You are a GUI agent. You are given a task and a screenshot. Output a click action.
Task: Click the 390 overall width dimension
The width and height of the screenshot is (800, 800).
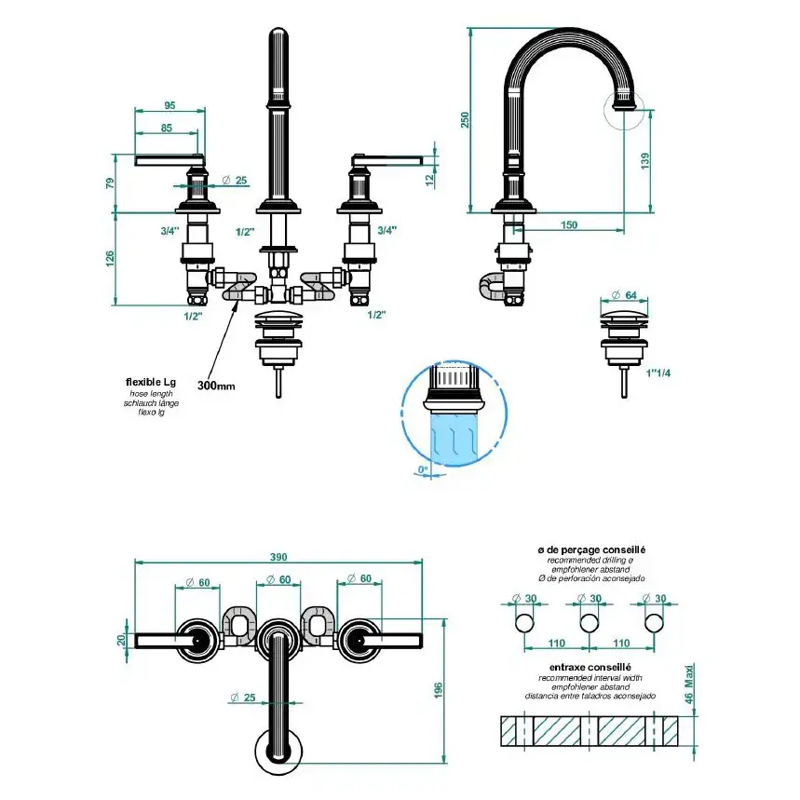coord(278,557)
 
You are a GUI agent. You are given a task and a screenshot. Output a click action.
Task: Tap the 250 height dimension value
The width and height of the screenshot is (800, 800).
coord(465,120)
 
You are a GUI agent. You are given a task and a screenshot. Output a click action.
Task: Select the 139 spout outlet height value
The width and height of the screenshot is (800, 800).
coord(645,161)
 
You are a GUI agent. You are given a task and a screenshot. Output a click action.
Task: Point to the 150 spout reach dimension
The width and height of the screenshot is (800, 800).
coord(569,225)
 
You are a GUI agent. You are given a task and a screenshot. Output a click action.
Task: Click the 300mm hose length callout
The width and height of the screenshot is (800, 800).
coord(216,386)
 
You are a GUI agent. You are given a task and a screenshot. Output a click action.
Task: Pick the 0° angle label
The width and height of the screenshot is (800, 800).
coord(424,469)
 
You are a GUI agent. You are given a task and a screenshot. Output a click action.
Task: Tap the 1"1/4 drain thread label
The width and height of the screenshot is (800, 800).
coord(658,373)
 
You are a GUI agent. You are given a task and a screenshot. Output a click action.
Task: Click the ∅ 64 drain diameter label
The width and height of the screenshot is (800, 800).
coord(624,295)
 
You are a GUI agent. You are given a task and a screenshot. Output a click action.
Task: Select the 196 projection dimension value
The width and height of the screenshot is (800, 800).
coord(439,691)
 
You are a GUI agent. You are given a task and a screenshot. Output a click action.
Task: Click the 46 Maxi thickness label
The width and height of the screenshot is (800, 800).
coord(689,684)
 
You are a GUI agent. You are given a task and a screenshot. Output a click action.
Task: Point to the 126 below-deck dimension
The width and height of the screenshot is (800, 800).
coord(110,259)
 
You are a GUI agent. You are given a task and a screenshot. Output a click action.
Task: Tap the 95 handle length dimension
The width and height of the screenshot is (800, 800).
coord(169,105)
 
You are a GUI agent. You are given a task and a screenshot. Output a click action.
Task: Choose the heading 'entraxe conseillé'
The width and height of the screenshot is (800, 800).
coord(590,667)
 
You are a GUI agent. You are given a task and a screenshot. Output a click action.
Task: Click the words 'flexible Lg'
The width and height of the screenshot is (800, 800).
coord(151,382)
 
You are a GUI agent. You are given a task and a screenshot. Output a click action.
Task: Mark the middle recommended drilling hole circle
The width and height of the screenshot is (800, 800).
coord(590,623)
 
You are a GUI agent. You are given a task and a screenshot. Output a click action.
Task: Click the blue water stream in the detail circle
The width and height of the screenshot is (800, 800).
coord(454,438)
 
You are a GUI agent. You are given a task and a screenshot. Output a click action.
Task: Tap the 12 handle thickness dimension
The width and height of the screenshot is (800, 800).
coord(429,179)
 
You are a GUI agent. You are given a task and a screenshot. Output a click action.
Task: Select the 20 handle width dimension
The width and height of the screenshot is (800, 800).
coord(121,640)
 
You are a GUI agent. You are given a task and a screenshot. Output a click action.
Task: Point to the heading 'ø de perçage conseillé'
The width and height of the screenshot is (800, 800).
coord(591,550)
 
